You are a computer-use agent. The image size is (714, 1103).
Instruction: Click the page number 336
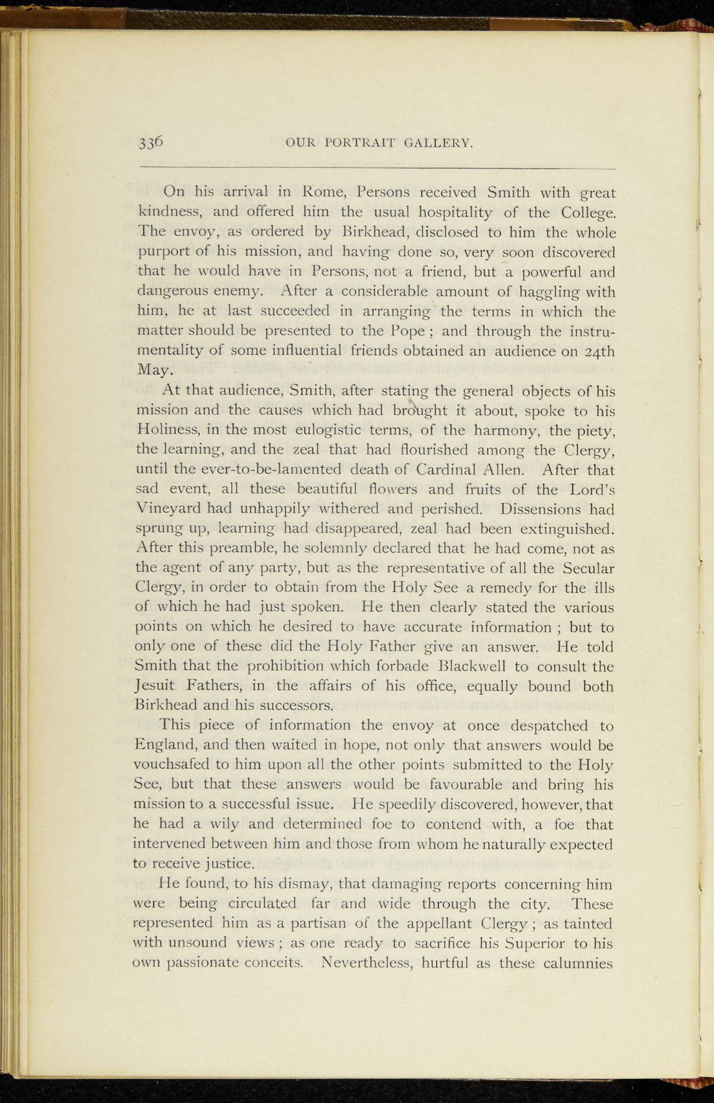tap(151, 142)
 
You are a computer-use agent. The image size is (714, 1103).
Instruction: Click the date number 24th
tap(599, 351)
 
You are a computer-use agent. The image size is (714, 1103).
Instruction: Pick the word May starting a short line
tap(155, 371)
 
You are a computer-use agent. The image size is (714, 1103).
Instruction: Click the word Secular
tap(588, 568)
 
